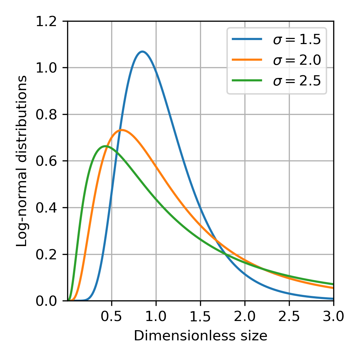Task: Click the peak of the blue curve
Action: click(x=142, y=52)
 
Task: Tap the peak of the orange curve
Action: click(x=122, y=130)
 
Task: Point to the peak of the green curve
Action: click(x=105, y=146)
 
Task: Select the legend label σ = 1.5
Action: click(x=297, y=40)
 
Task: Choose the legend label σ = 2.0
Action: click(x=297, y=60)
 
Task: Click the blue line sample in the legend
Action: click(x=247, y=39)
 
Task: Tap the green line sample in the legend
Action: click(x=247, y=80)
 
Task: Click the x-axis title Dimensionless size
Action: click(x=201, y=336)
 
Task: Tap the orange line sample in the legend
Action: click(x=247, y=60)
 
